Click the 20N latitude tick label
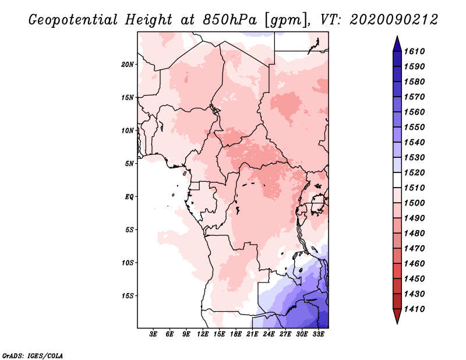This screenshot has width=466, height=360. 128,64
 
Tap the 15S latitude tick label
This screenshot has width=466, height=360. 128,295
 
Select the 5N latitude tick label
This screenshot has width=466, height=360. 130,163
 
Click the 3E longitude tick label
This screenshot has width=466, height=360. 153,334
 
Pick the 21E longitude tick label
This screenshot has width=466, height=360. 252,334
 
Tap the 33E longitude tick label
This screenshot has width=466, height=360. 318,334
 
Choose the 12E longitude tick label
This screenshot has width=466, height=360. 203,334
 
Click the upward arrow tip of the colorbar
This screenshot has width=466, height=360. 397,37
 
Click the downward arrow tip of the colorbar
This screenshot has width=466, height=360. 397,322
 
